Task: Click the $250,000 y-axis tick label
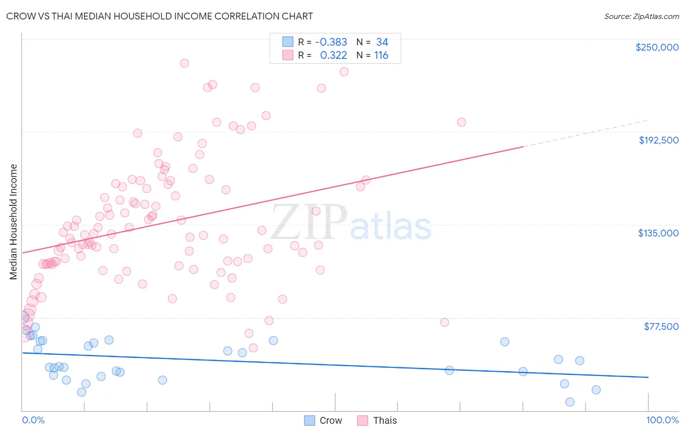pos(657,47)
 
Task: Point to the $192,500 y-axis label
pos(659,140)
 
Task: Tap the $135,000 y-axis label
pos(658,233)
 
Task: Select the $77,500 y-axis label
pos(661,326)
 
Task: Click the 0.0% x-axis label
pos(33,420)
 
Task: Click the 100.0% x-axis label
pos(662,420)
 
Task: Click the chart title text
pos(159,16)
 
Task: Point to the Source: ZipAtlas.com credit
pos(641,16)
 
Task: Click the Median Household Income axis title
pos(13,222)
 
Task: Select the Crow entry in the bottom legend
pos(330,420)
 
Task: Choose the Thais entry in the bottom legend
pos(384,420)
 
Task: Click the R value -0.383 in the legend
pos(331,42)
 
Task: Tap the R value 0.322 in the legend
pos(333,55)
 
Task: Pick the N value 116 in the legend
pos(381,55)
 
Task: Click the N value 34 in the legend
pos(382,42)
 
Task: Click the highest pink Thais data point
pos(184,63)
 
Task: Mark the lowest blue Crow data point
pos(570,402)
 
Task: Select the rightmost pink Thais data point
pos(461,122)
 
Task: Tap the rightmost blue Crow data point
pos(596,390)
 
